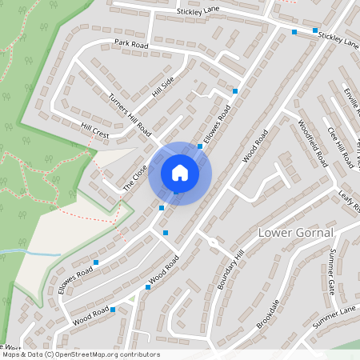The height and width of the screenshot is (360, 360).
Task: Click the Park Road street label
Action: [132, 45]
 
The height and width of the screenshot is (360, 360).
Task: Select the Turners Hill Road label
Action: [130, 114]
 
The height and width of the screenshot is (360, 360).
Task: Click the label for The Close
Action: [135, 176]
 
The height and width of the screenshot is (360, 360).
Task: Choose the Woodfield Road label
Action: [313, 142]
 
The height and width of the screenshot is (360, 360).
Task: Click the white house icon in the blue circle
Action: [180, 173]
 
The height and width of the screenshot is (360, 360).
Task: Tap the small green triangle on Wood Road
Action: [132, 298]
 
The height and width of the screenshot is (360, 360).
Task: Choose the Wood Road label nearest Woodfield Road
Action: [255, 151]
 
